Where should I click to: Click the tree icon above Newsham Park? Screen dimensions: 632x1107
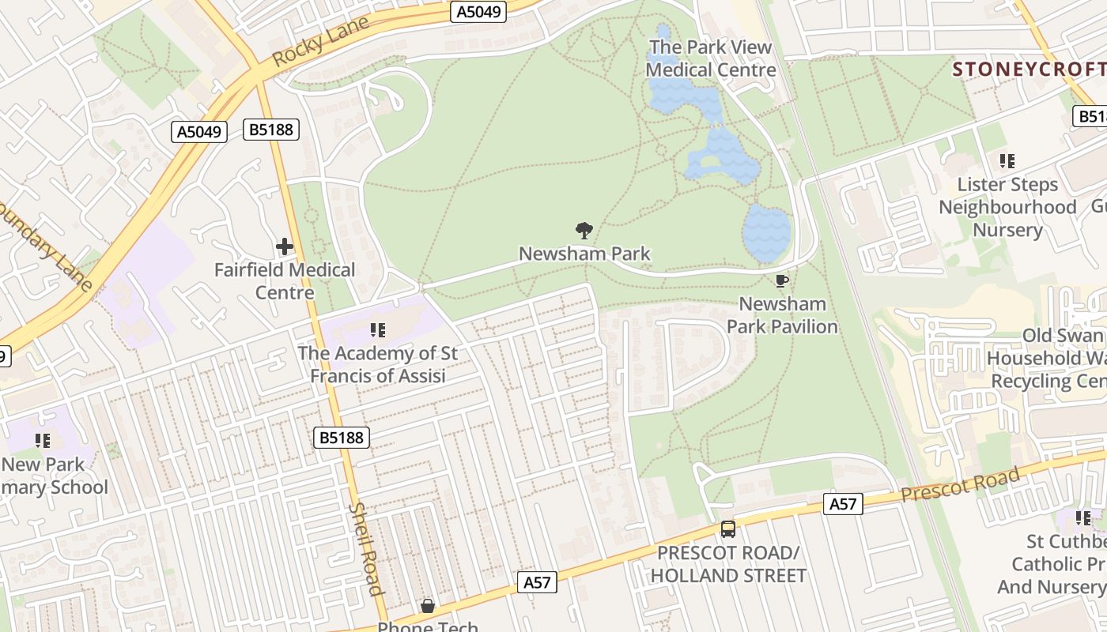click(584, 231)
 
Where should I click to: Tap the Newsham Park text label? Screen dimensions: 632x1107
click(584, 254)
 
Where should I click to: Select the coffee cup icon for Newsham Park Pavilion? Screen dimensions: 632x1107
click(781, 280)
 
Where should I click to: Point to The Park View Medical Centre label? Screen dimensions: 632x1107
click(711, 58)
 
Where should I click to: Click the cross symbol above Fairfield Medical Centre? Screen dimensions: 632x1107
click(285, 246)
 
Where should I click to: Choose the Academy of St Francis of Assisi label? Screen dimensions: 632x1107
click(378, 364)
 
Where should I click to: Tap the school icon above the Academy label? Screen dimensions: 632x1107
click(378, 329)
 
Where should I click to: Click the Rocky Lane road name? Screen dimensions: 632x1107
click(320, 41)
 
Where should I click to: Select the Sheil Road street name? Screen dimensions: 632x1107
click(366, 548)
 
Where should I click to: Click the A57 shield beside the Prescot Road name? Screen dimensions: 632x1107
click(842, 503)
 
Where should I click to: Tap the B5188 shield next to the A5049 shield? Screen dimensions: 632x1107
click(271, 130)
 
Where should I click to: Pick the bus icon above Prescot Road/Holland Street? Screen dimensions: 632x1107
click(727, 529)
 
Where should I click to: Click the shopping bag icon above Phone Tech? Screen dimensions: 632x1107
click(428, 606)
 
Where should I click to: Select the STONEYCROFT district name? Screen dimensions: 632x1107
click(1028, 69)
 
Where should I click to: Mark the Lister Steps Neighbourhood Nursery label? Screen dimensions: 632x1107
click(1007, 207)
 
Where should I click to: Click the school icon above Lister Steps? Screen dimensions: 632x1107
click(1007, 161)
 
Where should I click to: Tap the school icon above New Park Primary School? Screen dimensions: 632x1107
click(43, 440)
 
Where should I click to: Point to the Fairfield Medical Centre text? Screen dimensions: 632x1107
click(285, 281)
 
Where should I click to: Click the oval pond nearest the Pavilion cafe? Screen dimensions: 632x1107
click(766, 233)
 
